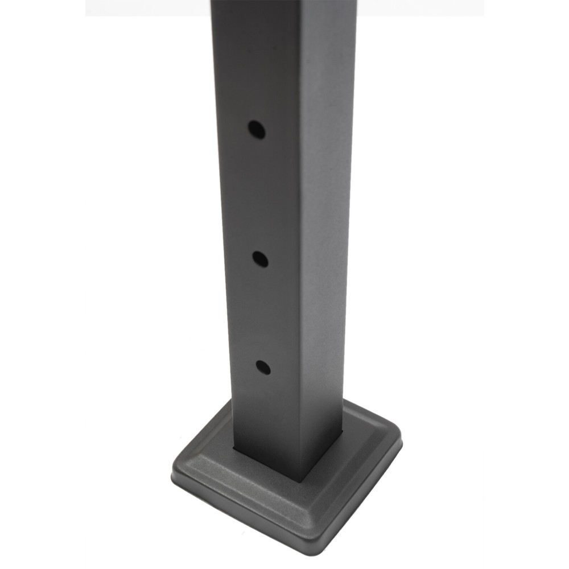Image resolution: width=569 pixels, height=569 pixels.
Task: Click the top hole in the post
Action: (x=256, y=129)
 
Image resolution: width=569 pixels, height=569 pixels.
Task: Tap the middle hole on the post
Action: (x=260, y=260)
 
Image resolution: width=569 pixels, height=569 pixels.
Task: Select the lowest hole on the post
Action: (x=263, y=367)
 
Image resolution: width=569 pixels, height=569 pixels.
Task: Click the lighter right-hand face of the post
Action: (x=330, y=228)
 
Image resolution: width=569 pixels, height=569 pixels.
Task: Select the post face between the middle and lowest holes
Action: (x=262, y=313)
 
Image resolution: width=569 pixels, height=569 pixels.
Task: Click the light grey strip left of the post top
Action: (x=148, y=7)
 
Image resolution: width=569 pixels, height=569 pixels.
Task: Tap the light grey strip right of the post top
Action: (x=421, y=7)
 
